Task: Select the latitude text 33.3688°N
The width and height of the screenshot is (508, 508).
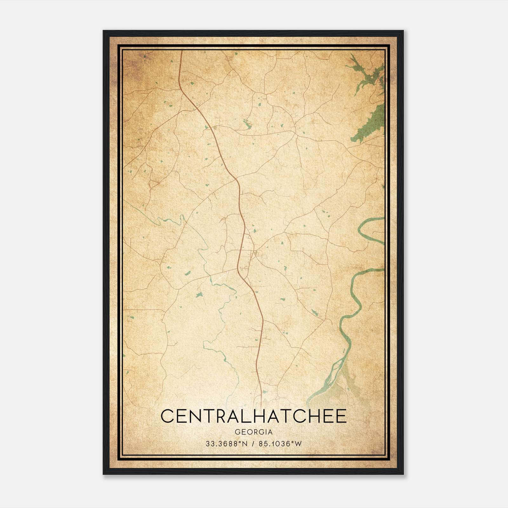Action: (x=226, y=444)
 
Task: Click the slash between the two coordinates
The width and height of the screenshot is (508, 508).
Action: (x=253, y=444)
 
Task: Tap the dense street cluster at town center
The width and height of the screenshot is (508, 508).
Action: (x=254, y=254)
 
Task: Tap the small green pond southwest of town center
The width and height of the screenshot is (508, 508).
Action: (x=199, y=295)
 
